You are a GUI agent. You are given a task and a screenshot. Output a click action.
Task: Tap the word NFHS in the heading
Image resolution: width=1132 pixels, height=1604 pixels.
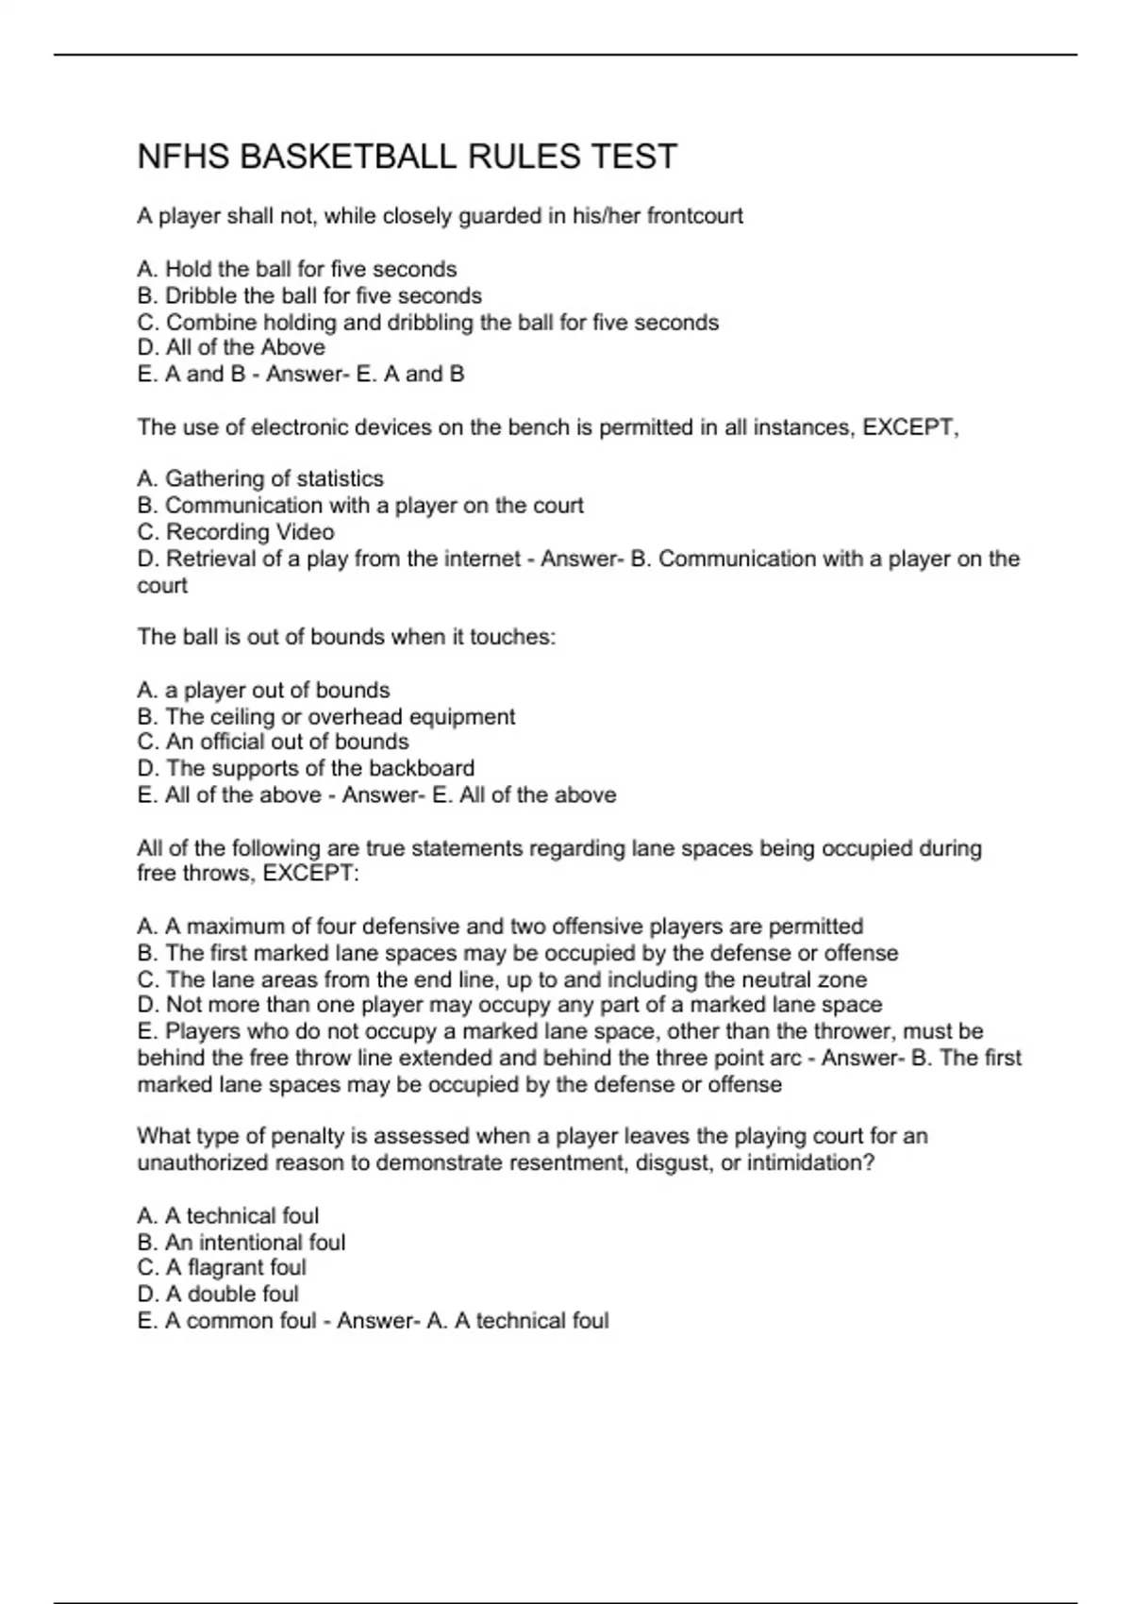click(183, 157)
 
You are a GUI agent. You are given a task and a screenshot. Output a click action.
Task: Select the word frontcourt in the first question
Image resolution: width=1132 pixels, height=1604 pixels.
click(694, 216)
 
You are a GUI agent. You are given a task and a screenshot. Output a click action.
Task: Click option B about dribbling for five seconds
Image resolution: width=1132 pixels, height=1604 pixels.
click(309, 295)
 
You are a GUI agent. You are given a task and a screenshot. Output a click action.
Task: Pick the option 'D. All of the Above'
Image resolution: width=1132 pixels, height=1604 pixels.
click(231, 347)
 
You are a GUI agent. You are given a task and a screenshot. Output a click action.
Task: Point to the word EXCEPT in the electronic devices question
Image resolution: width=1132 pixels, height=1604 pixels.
click(907, 427)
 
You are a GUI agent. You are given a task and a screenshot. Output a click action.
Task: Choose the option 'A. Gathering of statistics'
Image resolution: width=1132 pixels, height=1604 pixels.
click(260, 479)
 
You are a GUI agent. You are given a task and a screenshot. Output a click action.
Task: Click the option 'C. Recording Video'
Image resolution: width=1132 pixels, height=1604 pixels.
click(236, 532)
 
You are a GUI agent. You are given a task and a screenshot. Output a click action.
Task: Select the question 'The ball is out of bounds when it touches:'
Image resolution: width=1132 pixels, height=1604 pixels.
click(346, 637)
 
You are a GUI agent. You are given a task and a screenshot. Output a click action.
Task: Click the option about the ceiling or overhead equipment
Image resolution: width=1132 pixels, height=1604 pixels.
click(326, 716)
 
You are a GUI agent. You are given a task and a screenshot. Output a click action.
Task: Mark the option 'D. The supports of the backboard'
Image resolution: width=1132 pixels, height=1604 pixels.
click(306, 768)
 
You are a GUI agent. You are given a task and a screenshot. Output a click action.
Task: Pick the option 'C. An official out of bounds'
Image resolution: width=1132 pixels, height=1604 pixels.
click(273, 742)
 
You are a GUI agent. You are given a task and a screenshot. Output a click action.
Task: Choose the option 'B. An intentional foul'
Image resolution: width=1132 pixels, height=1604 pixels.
click(241, 1242)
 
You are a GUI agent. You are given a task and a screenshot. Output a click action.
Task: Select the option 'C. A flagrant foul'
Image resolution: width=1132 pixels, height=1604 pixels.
click(222, 1267)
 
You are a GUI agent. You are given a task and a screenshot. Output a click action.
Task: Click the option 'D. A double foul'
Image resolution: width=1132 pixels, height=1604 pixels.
click(218, 1294)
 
